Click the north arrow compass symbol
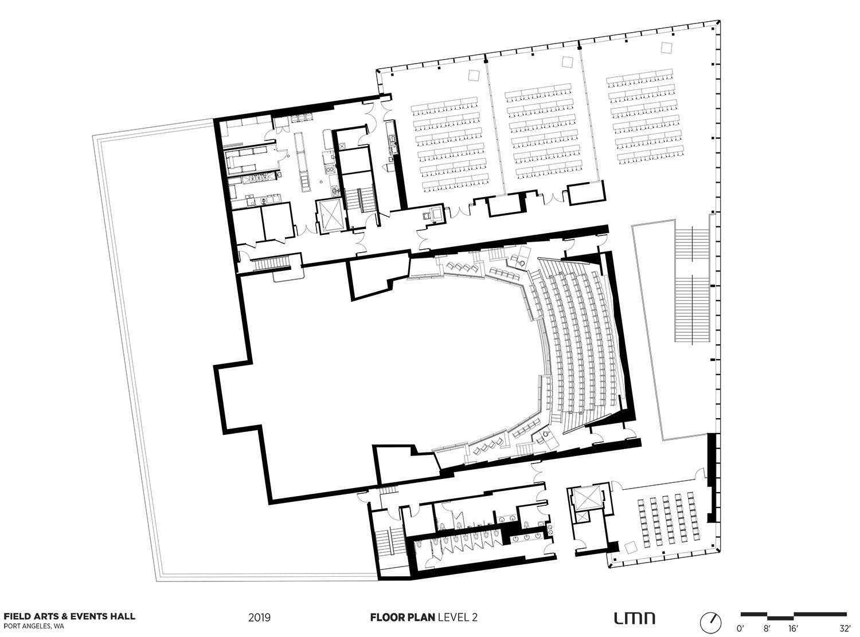click(711, 623)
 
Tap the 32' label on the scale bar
click(845, 628)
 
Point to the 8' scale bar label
click(767, 628)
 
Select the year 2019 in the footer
click(259, 617)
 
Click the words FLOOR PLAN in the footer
click(402, 617)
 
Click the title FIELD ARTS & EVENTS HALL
click(69, 616)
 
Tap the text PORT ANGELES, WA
click(34, 626)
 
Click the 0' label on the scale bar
click(741, 628)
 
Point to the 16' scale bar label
click(792, 628)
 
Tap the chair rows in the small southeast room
click(669, 520)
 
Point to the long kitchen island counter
click(303, 162)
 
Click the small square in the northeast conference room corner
click(667, 48)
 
